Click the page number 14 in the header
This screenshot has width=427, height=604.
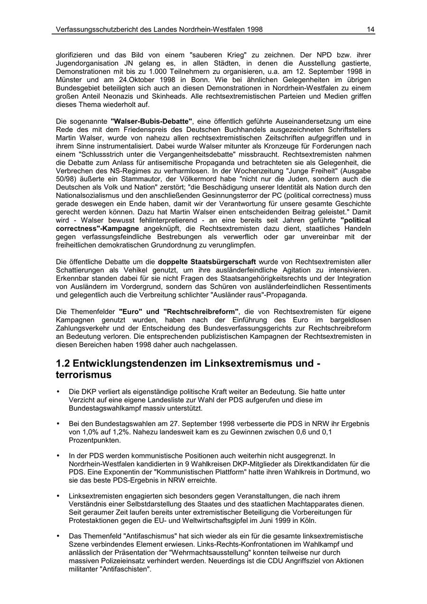[370, 29]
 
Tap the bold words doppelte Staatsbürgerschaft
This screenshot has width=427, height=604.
[206, 262]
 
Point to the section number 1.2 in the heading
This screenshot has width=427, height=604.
[64, 363]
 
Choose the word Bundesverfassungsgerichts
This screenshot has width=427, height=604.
[232, 328]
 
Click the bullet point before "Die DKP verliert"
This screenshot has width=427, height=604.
[58, 392]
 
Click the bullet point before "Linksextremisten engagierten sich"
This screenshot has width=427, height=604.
[58, 496]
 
